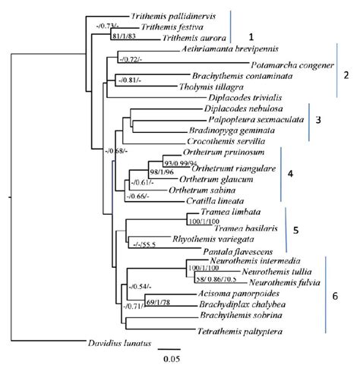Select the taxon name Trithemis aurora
194,37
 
